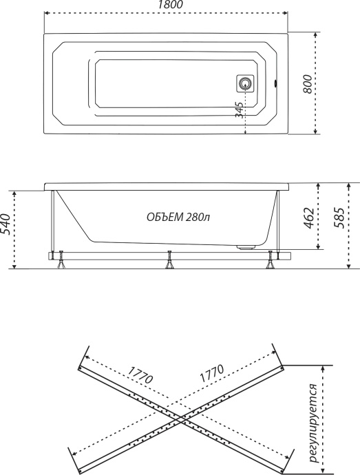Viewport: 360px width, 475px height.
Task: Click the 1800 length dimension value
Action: coord(166,6)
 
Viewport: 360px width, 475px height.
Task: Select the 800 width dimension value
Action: coord(309,83)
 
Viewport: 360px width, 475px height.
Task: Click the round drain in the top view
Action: coord(244,84)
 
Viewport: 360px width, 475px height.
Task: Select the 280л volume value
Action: coord(197,217)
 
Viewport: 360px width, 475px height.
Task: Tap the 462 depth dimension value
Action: coord(309,218)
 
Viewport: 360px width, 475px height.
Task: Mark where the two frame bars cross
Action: coord(180,418)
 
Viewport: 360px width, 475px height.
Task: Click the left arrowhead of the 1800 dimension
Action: coord(46,14)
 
